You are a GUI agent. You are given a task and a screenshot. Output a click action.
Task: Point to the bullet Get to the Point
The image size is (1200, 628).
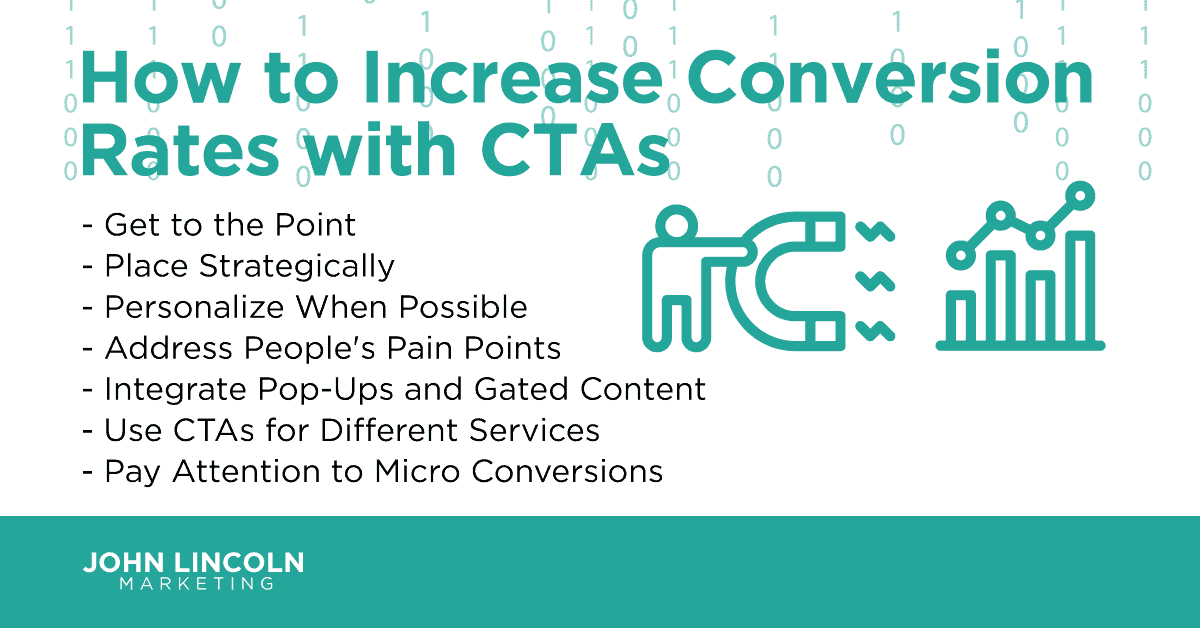coord(230,225)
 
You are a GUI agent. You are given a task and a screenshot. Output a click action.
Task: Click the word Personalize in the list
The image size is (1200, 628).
coord(188,307)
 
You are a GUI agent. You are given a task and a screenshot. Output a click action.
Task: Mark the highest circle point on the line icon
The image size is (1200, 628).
coord(1080,192)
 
